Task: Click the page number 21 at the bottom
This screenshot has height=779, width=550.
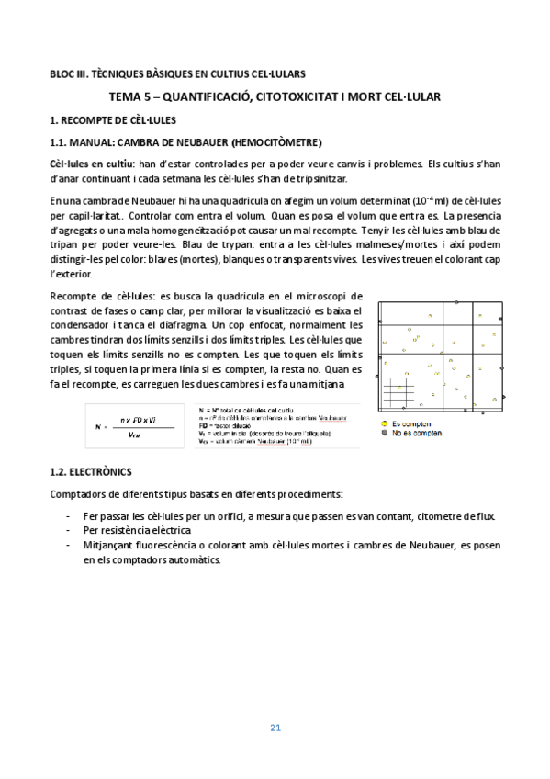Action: pyautogui.click(x=275, y=728)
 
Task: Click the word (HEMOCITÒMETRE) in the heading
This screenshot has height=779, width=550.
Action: pyautogui.click(x=276, y=142)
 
